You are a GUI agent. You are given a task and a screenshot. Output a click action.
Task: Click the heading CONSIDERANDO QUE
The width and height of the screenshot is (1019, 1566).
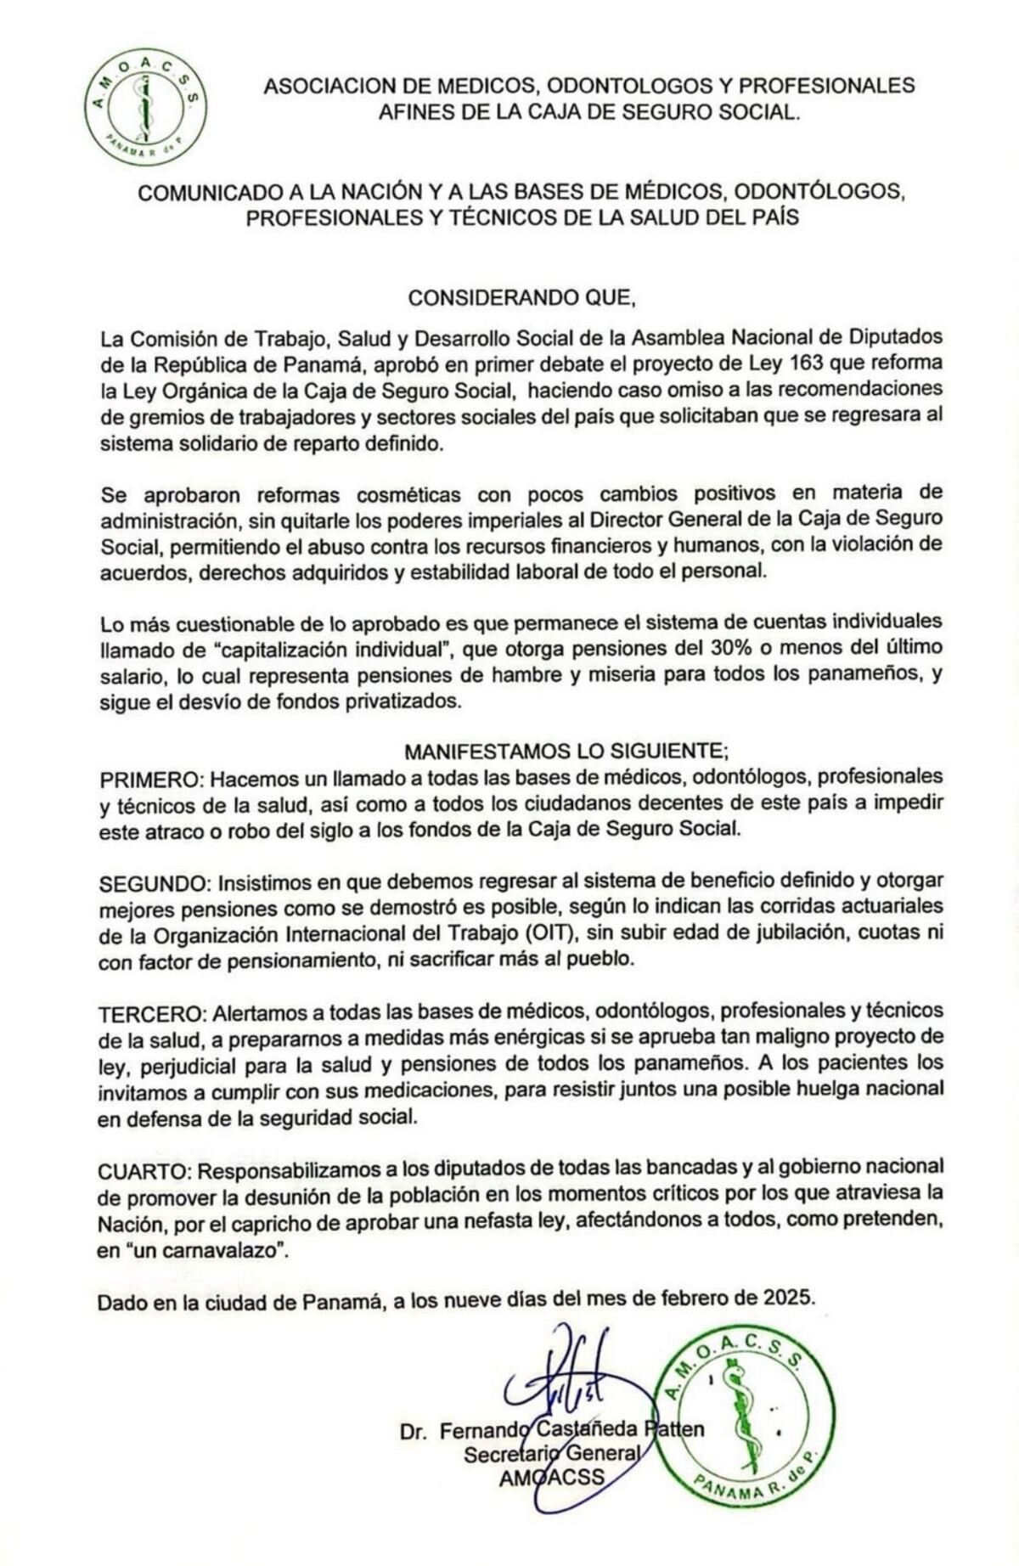[x=521, y=298]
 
